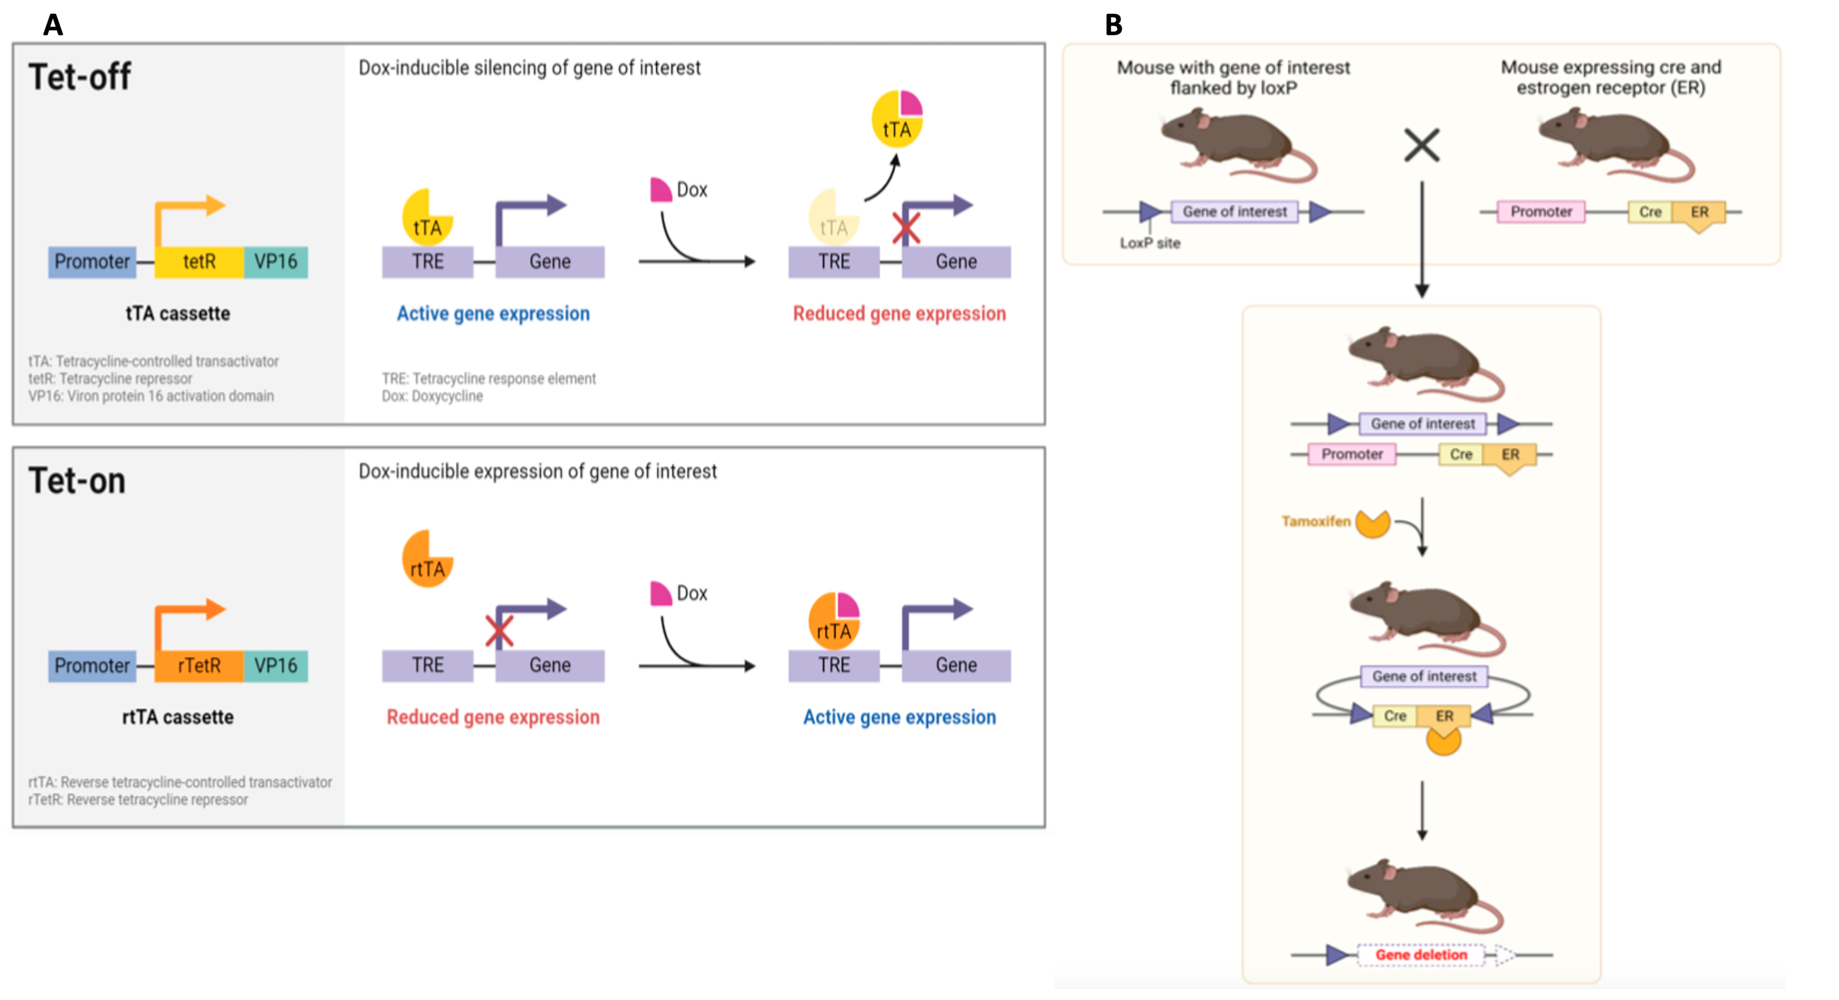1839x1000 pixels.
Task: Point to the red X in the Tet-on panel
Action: [x=498, y=631]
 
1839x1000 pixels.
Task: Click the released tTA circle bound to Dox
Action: [x=897, y=119]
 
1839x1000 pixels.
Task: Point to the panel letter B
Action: [x=1113, y=26]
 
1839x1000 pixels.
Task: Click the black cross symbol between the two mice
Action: [x=1421, y=145]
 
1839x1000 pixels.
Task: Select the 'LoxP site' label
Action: [x=1150, y=243]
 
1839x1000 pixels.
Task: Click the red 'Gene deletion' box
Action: [x=1421, y=955]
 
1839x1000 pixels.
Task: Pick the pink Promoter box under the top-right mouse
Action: [x=1541, y=212]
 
